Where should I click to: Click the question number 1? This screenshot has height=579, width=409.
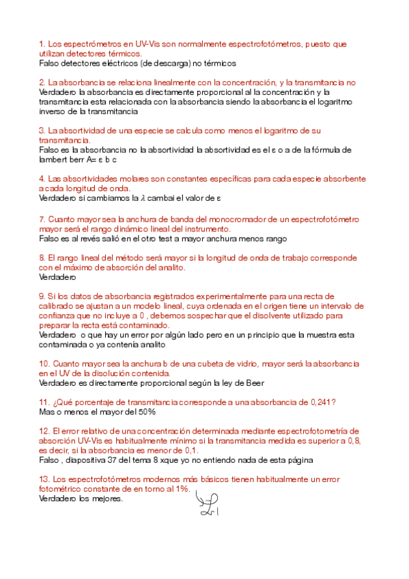tap(42, 44)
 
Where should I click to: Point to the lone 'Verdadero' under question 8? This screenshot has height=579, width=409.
tap(58, 278)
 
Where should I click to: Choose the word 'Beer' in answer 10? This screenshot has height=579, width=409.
tap(253, 383)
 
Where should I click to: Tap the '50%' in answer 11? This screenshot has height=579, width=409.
tap(145, 412)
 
